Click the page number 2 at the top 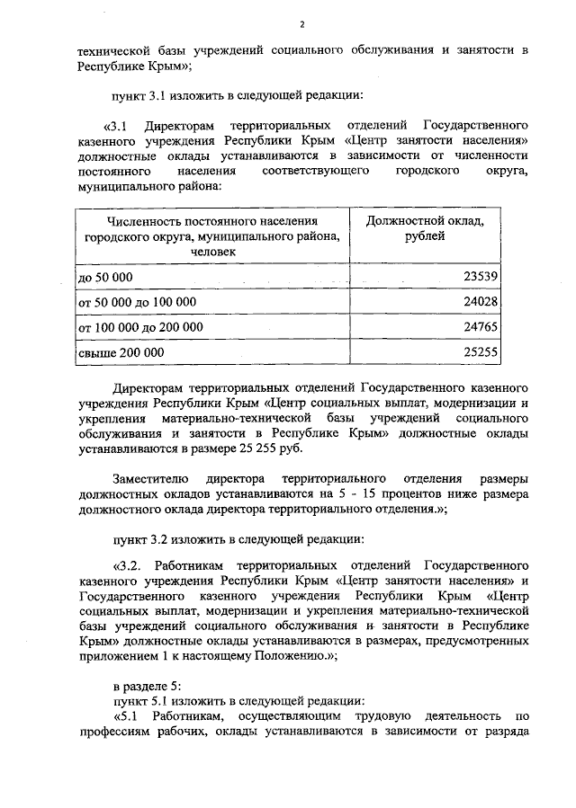pyautogui.click(x=302, y=23)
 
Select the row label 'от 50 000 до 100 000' pyautogui.click(x=138, y=302)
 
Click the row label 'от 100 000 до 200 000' pyautogui.click(x=141, y=327)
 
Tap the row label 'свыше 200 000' pyautogui.click(x=121, y=353)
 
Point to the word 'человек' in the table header pyautogui.click(x=212, y=253)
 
